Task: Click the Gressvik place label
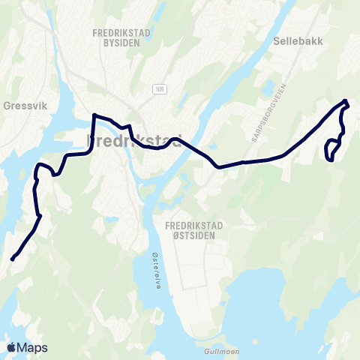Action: coord(25,106)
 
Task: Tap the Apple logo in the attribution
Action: coord(11,347)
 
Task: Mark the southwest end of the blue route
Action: coord(12,259)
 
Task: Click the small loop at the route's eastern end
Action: coord(331,150)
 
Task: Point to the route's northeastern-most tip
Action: coord(345,101)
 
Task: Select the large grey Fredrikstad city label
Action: coord(135,141)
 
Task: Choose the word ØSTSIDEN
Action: coord(190,235)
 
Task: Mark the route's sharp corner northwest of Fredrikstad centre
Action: coord(94,115)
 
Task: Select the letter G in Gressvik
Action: coord(7,106)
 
